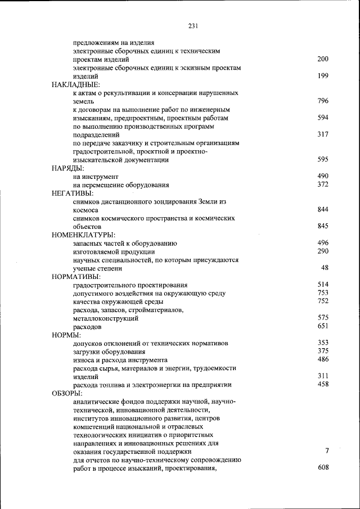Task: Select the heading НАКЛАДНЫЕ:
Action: (x=75, y=84)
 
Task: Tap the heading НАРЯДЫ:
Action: (x=67, y=168)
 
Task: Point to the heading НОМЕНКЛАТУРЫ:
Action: (x=83, y=235)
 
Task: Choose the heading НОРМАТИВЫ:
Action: (x=76, y=277)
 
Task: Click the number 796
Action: (x=322, y=101)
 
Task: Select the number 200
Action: (x=322, y=59)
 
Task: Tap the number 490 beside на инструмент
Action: (x=322, y=177)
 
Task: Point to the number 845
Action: (x=322, y=226)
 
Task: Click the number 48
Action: (x=325, y=268)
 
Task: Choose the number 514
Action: (x=322, y=285)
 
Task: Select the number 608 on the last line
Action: (x=322, y=468)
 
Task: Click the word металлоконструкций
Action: (x=106, y=318)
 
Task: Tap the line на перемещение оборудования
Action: (x=121, y=184)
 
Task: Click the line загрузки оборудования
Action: (x=109, y=352)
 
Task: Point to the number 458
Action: (x=322, y=384)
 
